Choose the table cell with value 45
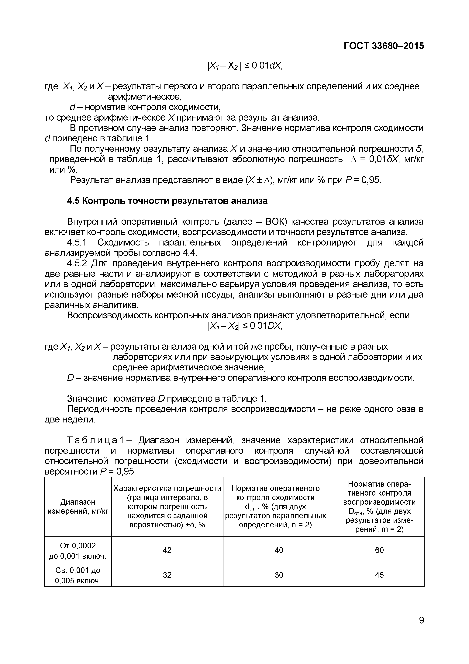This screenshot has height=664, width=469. point(379,575)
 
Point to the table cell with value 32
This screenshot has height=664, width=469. point(167,575)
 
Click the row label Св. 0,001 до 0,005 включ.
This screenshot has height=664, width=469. point(78,575)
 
